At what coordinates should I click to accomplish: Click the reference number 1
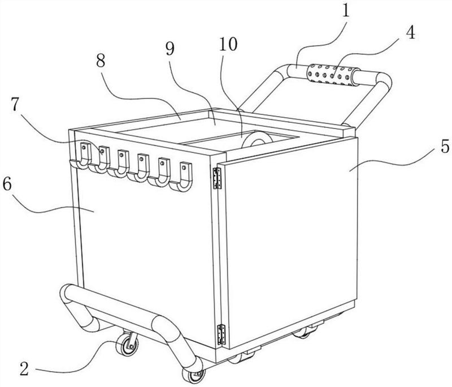pos(345,10)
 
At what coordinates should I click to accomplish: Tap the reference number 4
pos(411,32)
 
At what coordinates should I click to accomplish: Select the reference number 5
pos(445,146)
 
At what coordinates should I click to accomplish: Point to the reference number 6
pos(7,184)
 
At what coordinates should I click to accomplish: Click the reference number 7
pos(16,104)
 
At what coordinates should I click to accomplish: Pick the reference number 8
pos(101,61)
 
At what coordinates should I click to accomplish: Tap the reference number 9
pos(170,49)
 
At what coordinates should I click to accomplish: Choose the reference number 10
pos(228,44)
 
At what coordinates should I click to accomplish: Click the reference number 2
pos(24,368)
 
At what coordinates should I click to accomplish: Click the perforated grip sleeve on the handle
pos(333,75)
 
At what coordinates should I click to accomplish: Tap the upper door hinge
pos(217,178)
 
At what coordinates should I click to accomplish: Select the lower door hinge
pos(221,334)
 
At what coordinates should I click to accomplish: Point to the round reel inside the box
pos(257,140)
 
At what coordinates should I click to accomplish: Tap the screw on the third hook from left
pos(121,154)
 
